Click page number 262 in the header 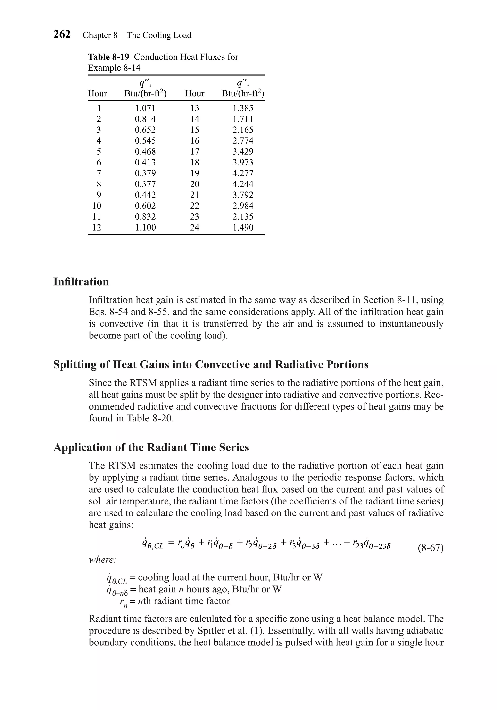click(62, 34)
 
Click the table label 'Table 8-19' click(108, 57)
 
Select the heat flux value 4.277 click(243, 173)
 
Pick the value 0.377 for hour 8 click(145, 184)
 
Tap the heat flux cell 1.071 click(145, 108)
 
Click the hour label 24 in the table click(195, 227)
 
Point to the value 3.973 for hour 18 click(243, 162)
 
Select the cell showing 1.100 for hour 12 click(145, 227)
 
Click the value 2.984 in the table click(243, 206)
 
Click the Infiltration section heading click(81, 282)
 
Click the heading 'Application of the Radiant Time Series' click(151, 447)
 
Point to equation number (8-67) click(431, 548)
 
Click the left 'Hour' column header click(97, 93)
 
